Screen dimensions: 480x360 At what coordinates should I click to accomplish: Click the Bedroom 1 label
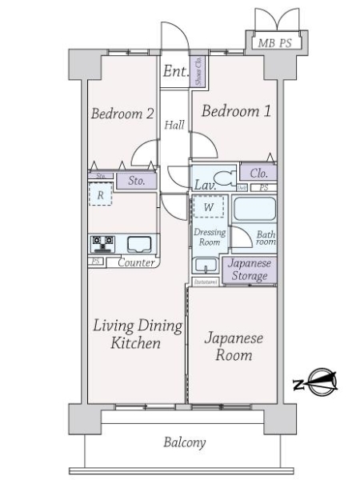[235, 112]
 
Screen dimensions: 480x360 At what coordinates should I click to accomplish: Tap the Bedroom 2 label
[122, 114]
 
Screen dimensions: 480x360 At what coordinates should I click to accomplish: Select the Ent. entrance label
[174, 72]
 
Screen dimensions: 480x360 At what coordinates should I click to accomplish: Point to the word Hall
[174, 126]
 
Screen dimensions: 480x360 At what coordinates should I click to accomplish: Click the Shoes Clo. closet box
[197, 71]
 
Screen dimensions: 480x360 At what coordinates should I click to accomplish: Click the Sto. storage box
[136, 181]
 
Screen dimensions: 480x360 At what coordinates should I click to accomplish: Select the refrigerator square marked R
[100, 194]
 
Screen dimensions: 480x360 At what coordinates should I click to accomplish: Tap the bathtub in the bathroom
[254, 210]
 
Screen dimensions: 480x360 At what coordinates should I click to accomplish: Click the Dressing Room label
[208, 236]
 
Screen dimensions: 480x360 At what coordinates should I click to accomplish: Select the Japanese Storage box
[250, 270]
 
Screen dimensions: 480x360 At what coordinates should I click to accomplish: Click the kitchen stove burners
[102, 243]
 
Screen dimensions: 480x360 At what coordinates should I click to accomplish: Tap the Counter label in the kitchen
[136, 262]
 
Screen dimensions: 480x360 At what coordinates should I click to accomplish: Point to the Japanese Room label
[234, 346]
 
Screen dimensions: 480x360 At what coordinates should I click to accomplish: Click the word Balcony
[185, 442]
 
